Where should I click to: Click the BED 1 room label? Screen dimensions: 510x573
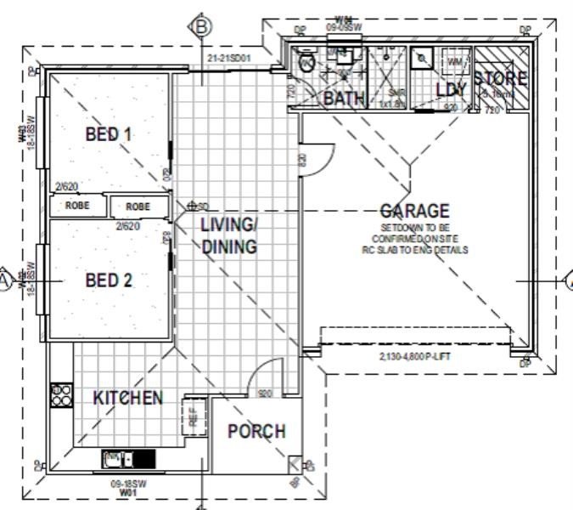(109, 134)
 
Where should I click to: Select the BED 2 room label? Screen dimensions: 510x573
(109, 280)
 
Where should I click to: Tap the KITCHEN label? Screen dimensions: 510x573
(127, 398)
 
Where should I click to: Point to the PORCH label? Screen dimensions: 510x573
(256, 431)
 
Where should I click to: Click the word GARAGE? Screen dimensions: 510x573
(414, 211)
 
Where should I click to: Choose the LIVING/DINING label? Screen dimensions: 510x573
(228, 236)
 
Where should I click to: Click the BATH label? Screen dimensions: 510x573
(345, 99)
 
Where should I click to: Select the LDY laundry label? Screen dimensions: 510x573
(451, 89)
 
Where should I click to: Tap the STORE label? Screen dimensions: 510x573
(501, 79)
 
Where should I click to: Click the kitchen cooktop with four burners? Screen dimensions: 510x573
(62, 394)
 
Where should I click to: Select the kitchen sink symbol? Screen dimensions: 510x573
(119, 459)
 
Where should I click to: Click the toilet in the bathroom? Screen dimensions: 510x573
(306, 62)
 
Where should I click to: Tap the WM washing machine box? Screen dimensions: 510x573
(454, 62)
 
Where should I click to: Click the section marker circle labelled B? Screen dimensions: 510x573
(201, 27)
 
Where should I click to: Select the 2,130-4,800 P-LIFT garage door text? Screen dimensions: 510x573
(413, 356)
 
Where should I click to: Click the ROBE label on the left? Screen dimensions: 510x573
(77, 206)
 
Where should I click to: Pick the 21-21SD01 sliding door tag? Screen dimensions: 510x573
(229, 58)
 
